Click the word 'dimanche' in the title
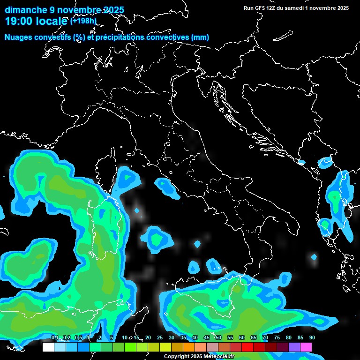click(26, 10)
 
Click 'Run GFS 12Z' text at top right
click(260, 8)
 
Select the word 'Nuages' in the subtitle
click(19, 37)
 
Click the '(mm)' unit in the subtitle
click(200, 37)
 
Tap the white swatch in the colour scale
click(48, 347)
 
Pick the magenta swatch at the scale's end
click(306, 347)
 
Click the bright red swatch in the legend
click(247, 347)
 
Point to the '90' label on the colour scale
click(312, 337)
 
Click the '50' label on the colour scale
click(218, 337)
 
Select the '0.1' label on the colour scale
click(55, 337)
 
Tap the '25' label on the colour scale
click(160, 337)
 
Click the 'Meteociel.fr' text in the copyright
click(218, 357)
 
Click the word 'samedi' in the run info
click(294, 8)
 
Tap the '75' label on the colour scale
click(277, 337)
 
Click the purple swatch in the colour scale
click(294, 347)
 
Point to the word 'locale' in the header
click(52, 21)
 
